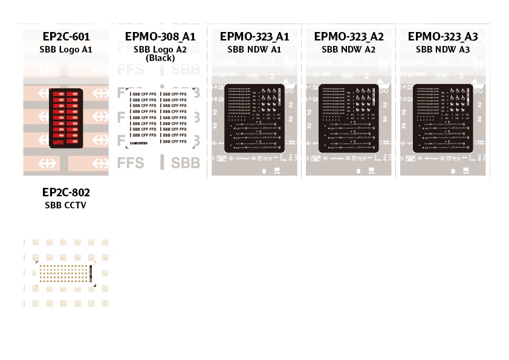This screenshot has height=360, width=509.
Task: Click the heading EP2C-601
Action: [x=66, y=36]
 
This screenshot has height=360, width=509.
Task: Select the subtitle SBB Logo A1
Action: [x=66, y=49]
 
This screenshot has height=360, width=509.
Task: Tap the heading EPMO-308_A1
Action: [x=160, y=37]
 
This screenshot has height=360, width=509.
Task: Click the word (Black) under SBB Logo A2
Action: [x=160, y=58]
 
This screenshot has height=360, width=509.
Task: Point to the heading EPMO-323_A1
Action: [x=254, y=37]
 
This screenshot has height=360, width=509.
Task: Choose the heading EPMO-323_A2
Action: [x=349, y=37]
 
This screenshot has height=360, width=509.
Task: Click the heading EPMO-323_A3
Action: [x=443, y=37]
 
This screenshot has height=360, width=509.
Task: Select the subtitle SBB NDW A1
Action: [x=254, y=50]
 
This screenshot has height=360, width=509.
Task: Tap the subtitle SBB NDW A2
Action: [x=349, y=50]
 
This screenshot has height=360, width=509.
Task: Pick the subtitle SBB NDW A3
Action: [x=443, y=50]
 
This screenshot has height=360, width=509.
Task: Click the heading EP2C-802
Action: [x=66, y=193]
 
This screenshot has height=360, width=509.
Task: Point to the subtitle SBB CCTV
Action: [x=66, y=205]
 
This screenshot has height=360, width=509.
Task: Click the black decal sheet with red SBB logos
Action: [x=66, y=118]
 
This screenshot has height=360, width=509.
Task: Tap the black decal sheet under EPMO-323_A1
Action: [x=254, y=118]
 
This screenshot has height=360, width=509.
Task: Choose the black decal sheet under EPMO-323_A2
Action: [x=349, y=118]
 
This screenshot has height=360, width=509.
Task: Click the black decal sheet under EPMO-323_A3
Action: [x=443, y=118]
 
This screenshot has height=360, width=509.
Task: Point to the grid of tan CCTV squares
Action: [x=63, y=274]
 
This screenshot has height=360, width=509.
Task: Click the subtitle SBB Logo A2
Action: [x=160, y=50]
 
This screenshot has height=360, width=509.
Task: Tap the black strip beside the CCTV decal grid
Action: [x=92, y=274]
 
